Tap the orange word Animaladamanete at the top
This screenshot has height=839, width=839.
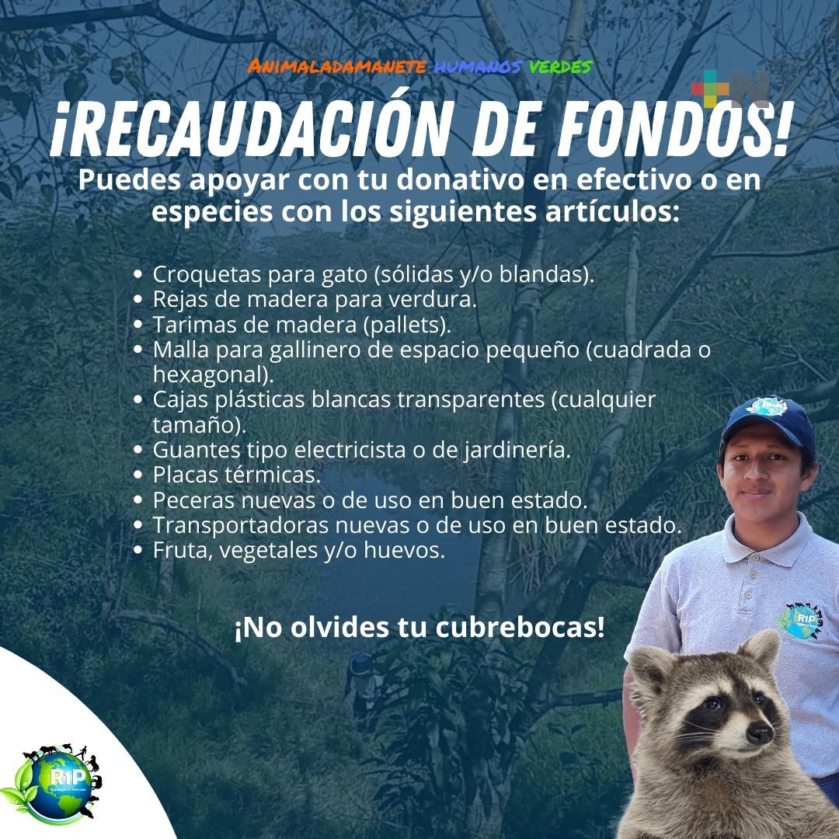[336, 66]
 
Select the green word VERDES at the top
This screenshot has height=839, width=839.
[560, 67]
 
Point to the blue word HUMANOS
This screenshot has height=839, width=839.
[477, 67]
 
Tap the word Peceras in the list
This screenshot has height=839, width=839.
[193, 500]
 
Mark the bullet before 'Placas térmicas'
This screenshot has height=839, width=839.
[138, 475]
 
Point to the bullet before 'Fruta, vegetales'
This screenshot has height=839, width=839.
[138, 550]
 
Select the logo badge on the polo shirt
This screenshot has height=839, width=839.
[799, 621]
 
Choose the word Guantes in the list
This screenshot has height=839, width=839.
[197, 450]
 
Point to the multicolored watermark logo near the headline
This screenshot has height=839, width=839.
[730, 89]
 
